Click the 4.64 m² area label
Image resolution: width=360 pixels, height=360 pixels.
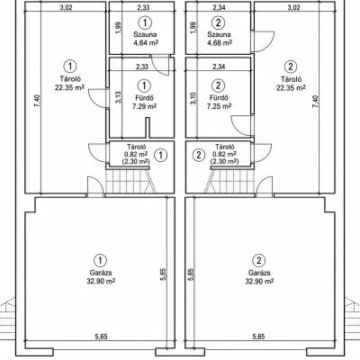click(x=146, y=42)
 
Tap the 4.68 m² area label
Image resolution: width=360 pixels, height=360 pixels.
click(x=220, y=42)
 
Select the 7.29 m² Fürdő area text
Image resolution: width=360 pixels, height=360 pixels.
click(x=144, y=106)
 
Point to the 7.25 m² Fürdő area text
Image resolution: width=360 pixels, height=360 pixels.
click(x=219, y=106)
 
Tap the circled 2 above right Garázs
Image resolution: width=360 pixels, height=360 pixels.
click(x=259, y=260)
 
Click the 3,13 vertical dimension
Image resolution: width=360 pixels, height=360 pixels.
click(x=118, y=98)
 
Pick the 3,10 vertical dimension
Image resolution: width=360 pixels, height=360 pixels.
click(x=193, y=98)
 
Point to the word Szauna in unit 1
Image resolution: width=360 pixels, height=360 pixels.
click(x=145, y=34)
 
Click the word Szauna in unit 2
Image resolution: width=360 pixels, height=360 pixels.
click(x=219, y=34)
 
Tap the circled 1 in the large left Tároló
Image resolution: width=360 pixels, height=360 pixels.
click(x=70, y=67)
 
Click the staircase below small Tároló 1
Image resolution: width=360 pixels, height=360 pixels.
click(x=130, y=181)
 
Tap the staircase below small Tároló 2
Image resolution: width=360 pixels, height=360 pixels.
click(x=229, y=181)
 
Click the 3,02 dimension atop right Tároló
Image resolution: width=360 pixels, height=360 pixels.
click(x=293, y=7)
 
